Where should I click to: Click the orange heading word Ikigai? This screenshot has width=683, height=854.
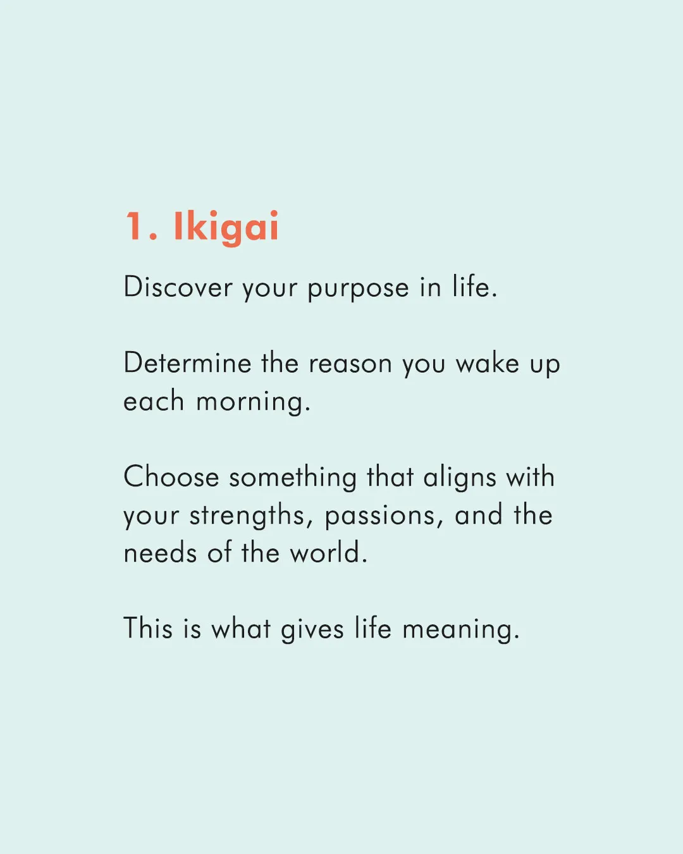click(226, 228)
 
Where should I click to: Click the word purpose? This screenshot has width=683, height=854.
click(358, 288)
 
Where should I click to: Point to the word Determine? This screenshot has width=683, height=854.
click(187, 362)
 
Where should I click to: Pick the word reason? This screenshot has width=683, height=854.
click(350, 364)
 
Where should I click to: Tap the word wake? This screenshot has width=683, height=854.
click(487, 362)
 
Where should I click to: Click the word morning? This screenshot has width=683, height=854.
click(253, 402)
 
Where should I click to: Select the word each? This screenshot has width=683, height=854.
click(153, 400)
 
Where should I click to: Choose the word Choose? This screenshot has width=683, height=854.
click(171, 476)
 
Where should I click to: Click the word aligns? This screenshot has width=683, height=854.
click(460, 478)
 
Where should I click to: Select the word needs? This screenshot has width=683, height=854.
click(160, 552)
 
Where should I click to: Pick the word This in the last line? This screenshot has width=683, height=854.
click(148, 628)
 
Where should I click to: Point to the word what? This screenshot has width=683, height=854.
click(241, 628)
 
